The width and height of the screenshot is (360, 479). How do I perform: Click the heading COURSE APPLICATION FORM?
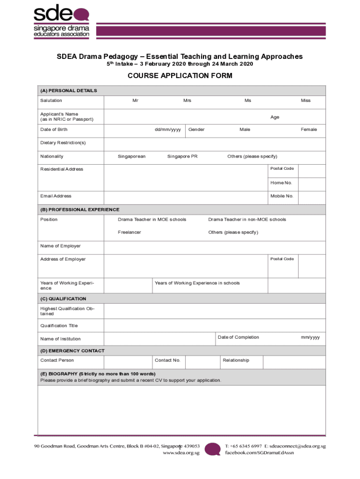click(180, 76)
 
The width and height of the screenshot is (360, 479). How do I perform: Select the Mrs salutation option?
click(187, 101)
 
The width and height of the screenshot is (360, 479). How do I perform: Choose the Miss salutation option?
click(305, 101)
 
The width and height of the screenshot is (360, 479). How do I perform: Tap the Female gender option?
click(309, 130)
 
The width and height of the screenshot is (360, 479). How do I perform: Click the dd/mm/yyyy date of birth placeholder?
click(167, 130)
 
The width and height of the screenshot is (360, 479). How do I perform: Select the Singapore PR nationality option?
click(182, 157)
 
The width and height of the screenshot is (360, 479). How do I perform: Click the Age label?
click(275, 117)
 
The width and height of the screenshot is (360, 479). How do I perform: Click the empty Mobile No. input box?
click(311, 196)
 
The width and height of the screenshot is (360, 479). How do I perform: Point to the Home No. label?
click(281, 183)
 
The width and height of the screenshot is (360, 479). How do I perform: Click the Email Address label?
click(56, 196)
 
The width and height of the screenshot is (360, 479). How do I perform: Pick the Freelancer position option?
click(129, 232)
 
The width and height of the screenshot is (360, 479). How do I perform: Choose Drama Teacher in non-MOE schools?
click(247, 219)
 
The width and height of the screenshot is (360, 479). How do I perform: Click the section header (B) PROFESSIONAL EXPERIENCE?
click(80, 210)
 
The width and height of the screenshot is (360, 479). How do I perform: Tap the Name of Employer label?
click(60, 246)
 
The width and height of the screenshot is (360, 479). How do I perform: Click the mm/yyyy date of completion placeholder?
click(310, 337)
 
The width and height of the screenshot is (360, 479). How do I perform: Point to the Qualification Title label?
click(59, 326)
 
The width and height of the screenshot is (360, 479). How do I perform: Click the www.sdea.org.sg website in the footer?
click(181, 453)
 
